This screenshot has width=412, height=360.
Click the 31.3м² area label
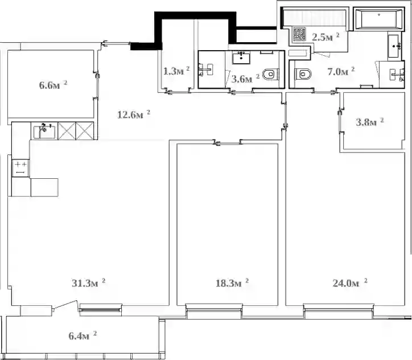pyautogui.click(x=89, y=283)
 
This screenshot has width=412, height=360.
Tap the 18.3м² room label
pyautogui.click(x=232, y=283)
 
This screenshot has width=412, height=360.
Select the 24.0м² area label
pyautogui.click(x=350, y=283)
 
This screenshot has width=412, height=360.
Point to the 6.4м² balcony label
pyautogui.click(x=83, y=336)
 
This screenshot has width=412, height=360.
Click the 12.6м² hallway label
pyautogui.click(x=134, y=114)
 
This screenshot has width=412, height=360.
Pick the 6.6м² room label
pyautogui.click(x=53, y=85)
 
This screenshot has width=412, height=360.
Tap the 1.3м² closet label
pyautogui.click(x=176, y=71)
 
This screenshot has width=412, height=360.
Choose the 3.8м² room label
pyautogui.click(x=370, y=122)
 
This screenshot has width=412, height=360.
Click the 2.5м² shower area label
pyautogui.click(x=326, y=37)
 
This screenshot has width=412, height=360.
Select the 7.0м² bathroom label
pyautogui.click(x=341, y=71)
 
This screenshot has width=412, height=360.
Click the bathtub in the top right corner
pyautogui.click(x=378, y=18)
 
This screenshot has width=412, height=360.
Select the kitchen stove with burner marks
pyautogui.click(x=20, y=168)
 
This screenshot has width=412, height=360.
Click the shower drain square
pyautogui.click(x=299, y=34)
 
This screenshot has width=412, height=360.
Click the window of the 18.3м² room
pyautogui.click(x=213, y=311)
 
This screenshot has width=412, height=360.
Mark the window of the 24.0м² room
pyautogui.click(x=338, y=311)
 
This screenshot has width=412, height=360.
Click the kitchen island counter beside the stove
pyautogui.click(x=44, y=187)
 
